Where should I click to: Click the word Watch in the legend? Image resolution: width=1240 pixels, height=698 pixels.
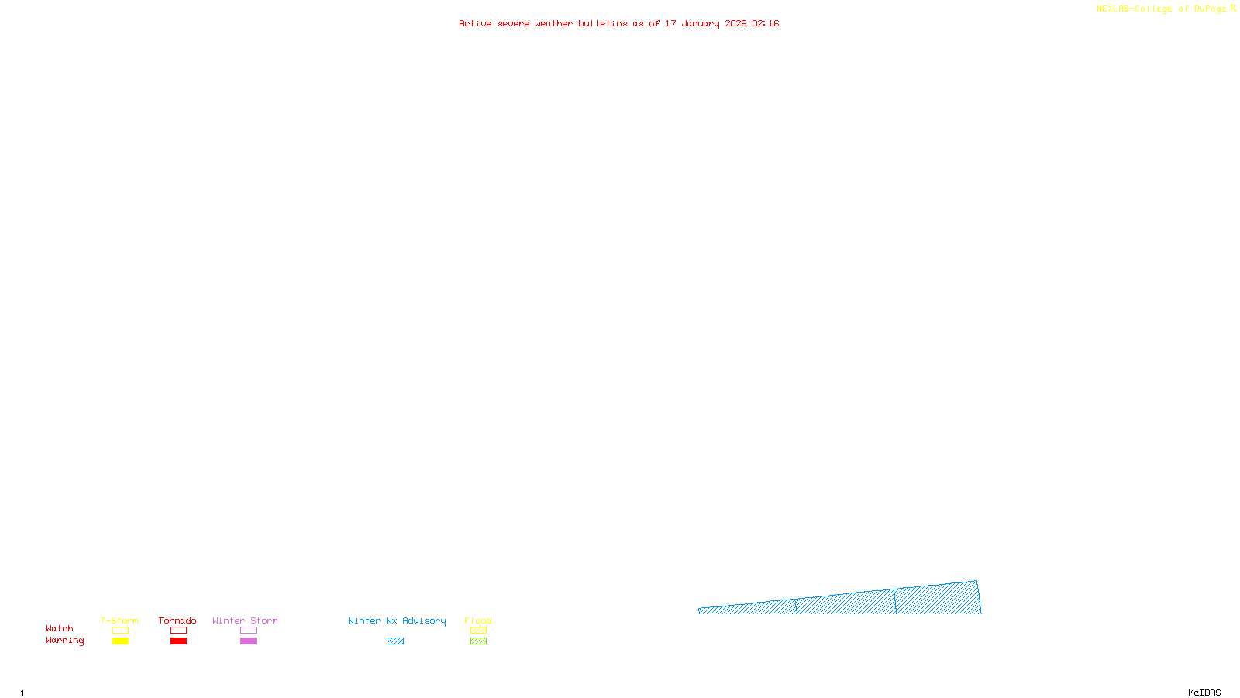pos(60,628)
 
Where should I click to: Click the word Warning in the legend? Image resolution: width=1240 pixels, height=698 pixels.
pos(64,641)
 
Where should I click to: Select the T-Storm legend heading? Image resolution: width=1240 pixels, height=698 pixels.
pos(119,620)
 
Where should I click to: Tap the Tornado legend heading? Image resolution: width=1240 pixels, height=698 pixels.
pos(177,620)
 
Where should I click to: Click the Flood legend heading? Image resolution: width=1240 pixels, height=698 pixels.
pos(478,620)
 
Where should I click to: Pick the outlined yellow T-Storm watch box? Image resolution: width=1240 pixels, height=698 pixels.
pos(120,631)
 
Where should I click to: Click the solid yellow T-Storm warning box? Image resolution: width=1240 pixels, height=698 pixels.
pos(120,641)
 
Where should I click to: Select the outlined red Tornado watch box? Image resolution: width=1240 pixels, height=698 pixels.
pos(178,631)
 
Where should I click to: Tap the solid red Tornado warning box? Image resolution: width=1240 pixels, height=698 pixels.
pos(178,641)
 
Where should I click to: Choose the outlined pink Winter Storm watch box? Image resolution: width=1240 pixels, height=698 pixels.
pos(248,631)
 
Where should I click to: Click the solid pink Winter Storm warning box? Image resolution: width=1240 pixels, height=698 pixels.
pos(248,641)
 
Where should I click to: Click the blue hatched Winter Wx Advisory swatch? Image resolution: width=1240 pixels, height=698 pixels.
pos(395,641)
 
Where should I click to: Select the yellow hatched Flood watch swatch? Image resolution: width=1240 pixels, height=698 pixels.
pos(478,631)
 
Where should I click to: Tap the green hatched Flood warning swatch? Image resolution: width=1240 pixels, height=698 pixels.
pos(478,641)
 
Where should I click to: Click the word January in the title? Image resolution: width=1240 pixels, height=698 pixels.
pos(701,24)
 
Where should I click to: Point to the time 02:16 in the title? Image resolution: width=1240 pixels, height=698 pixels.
pos(765,24)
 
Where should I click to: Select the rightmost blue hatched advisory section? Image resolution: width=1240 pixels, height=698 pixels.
pos(938,599)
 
